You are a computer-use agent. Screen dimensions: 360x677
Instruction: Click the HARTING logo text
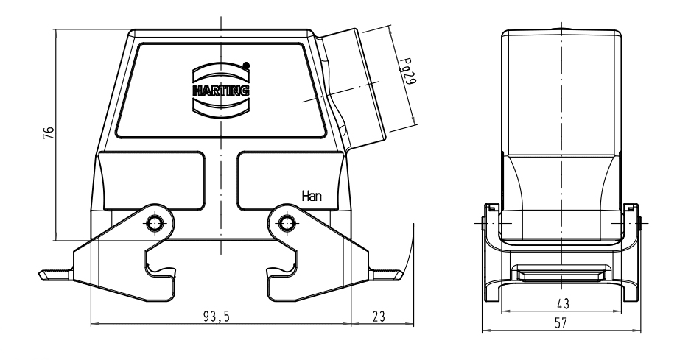(220, 91)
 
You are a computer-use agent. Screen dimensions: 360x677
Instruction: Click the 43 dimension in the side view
(561, 303)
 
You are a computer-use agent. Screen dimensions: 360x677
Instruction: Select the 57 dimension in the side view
(561, 322)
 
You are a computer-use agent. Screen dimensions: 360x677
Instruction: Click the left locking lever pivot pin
(154, 222)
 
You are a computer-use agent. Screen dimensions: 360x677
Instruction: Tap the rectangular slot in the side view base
(561, 275)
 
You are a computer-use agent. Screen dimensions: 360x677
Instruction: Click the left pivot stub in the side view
(487, 219)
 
